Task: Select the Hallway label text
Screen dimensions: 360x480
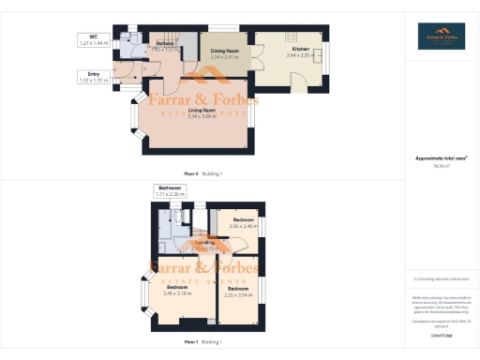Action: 166,43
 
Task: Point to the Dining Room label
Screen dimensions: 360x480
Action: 225,51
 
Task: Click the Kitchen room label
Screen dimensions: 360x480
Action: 300,49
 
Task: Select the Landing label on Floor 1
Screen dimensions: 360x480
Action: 204,242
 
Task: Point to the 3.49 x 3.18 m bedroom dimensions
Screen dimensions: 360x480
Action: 177,292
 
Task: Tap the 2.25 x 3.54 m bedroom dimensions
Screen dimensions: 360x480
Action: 239,293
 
